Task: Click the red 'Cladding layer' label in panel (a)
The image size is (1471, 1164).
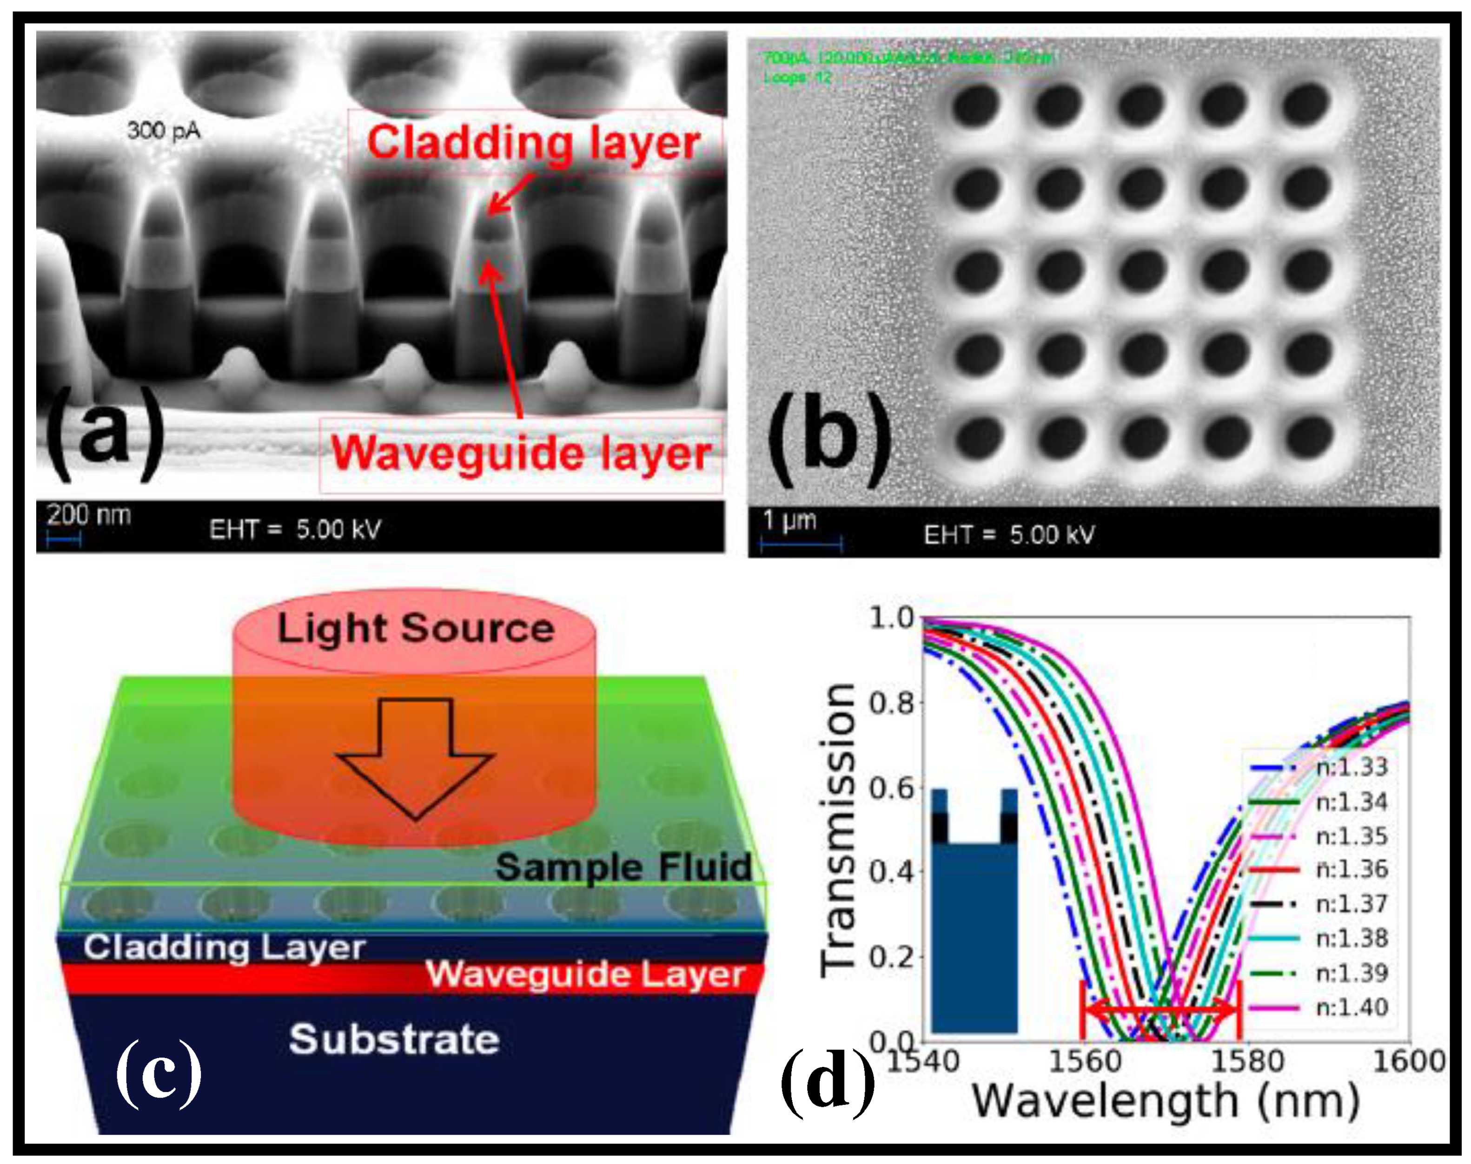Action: click(x=534, y=143)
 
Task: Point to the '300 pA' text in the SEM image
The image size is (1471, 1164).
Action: click(x=164, y=130)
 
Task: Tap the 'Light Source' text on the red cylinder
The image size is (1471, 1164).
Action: click(x=415, y=628)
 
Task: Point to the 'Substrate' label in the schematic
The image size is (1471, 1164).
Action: click(x=394, y=1040)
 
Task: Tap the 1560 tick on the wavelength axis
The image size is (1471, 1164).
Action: click(x=1084, y=1062)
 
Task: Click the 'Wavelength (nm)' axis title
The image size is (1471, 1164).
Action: click(x=1166, y=1102)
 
